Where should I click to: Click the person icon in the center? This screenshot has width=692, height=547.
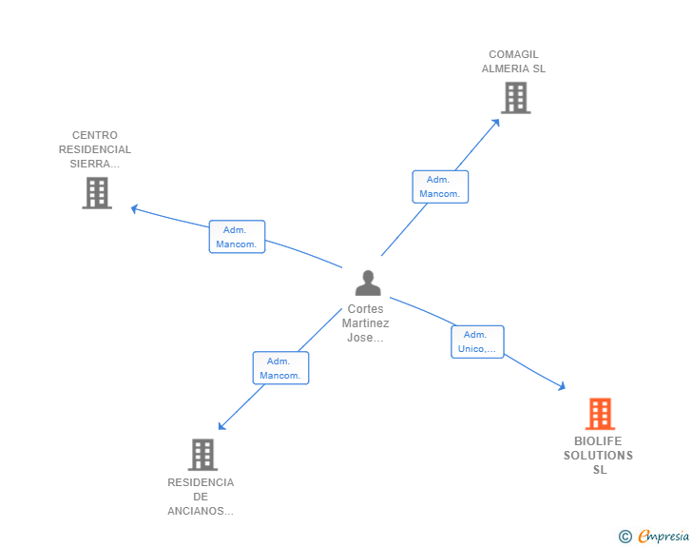coord(367,283)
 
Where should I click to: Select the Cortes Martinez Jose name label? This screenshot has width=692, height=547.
coord(366,323)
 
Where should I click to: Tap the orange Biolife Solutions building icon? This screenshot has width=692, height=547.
coord(599,415)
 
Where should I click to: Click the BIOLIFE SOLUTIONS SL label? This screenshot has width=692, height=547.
coord(598,456)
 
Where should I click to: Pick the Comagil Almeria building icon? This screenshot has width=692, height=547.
coord(515,98)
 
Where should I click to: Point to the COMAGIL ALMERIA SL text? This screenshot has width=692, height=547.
coord(513,62)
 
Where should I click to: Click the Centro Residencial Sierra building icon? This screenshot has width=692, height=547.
coord(97,193)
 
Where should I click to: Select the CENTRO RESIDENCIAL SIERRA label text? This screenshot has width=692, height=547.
coord(95,149)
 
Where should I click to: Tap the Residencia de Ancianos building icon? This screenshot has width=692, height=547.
coord(202,455)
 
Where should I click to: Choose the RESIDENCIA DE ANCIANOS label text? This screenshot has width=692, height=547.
coord(201,497)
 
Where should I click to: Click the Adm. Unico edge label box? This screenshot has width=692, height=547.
coord(476,342)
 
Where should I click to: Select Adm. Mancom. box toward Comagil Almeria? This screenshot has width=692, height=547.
coord(440,186)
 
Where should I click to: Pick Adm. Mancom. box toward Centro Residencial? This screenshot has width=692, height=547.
coord(237,237)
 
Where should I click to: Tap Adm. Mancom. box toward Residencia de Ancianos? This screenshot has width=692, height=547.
coord(280,368)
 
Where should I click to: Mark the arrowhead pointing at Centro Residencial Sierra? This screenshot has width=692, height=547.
coord(135,208)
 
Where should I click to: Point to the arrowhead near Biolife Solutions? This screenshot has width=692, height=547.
coord(562,386)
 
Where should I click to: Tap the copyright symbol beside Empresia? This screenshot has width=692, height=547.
coord(625,537)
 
